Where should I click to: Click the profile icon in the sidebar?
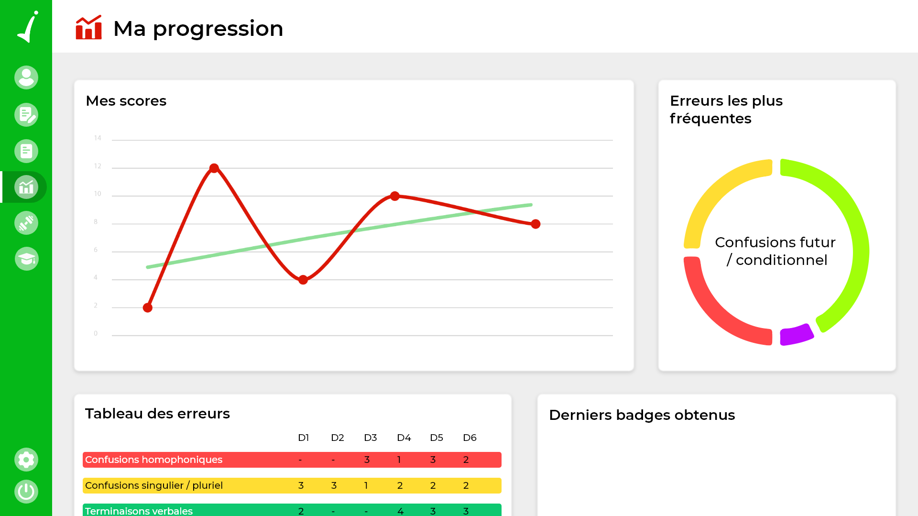click(x=26, y=77)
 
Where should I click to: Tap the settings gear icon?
click(x=26, y=460)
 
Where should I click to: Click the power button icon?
click(x=26, y=492)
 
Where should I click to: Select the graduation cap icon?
click(x=26, y=259)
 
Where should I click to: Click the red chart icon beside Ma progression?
click(x=89, y=28)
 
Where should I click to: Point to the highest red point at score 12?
click(x=214, y=168)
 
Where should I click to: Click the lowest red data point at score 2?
click(x=148, y=307)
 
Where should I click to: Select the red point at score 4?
click(x=303, y=280)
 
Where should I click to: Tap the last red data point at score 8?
click(x=535, y=224)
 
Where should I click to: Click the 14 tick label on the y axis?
click(x=98, y=138)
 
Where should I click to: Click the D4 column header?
click(x=404, y=438)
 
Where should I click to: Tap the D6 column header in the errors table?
click(x=470, y=438)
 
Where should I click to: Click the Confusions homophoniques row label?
click(x=153, y=460)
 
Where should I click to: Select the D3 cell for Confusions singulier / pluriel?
click(x=366, y=485)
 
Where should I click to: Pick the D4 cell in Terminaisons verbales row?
click(x=400, y=511)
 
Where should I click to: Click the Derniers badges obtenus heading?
click(x=642, y=415)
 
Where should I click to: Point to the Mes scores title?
click(x=126, y=101)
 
